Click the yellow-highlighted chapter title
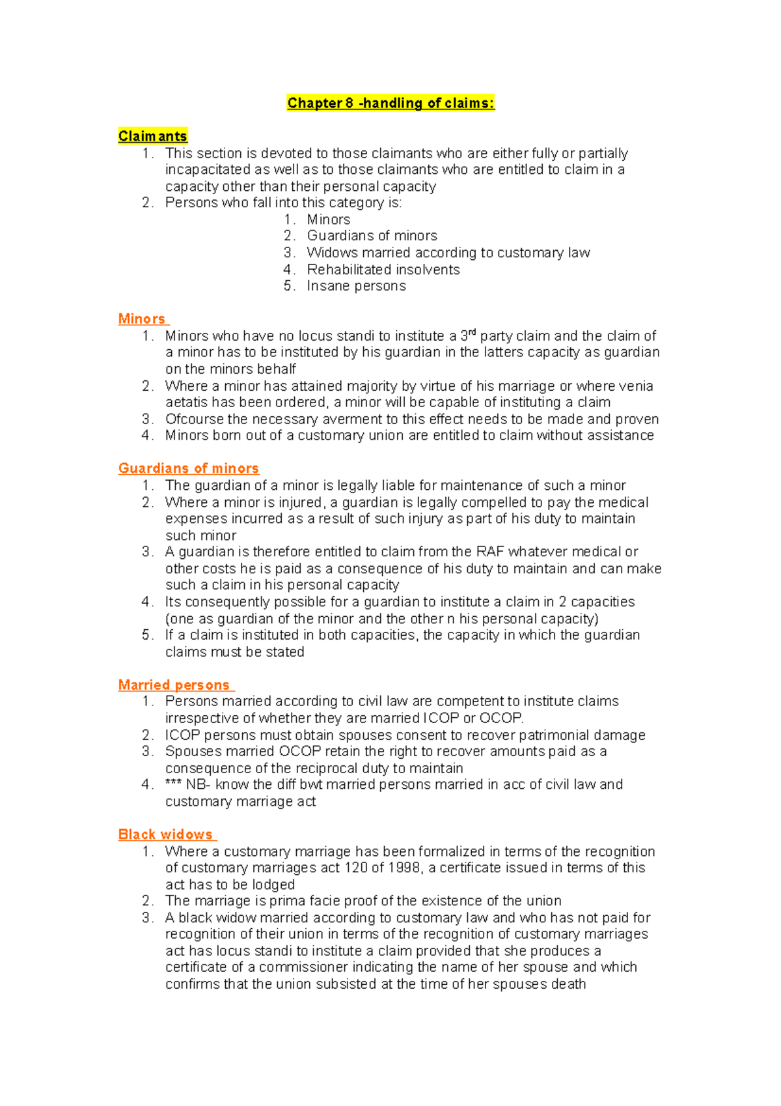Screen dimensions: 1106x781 pyautogui.click(x=390, y=103)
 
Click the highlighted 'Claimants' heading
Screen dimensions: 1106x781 pyautogui.click(x=152, y=136)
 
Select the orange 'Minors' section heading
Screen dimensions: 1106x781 pyautogui.click(x=142, y=319)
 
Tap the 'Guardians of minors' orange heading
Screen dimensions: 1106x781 pyautogui.click(x=188, y=468)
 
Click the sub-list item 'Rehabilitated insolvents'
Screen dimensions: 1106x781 pyautogui.click(x=383, y=270)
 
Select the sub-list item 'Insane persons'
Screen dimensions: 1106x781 pyautogui.click(x=356, y=286)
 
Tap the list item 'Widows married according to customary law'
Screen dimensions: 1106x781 pyautogui.click(x=448, y=253)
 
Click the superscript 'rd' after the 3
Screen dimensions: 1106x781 pyautogui.click(x=473, y=333)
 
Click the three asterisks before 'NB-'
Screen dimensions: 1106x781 pyautogui.click(x=172, y=784)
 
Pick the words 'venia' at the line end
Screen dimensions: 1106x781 pyautogui.click(x=636, y=386)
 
